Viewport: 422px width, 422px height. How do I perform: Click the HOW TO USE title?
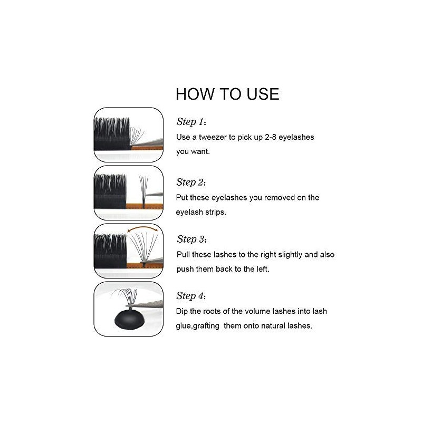227,94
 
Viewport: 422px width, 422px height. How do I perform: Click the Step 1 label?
190,122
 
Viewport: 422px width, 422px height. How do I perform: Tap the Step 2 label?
191,183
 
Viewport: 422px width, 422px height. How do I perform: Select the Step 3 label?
191,239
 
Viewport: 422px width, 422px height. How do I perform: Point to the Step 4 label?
191,295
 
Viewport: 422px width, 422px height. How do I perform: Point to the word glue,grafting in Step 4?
198,326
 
